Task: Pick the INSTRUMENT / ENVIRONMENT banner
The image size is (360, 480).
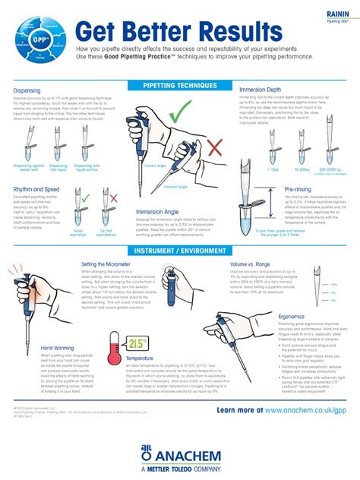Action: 179,251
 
